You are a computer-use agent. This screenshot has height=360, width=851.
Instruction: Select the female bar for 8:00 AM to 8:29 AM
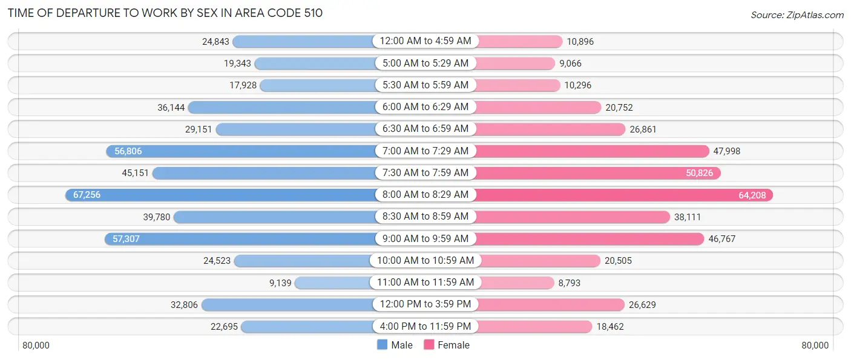[x=623, y=195]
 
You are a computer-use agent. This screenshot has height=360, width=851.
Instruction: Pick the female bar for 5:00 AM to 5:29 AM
[x=514, y=64]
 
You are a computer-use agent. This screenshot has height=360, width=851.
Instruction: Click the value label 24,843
[x=216, y=42]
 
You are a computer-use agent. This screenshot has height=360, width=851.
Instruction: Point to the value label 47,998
[x=727, y=151]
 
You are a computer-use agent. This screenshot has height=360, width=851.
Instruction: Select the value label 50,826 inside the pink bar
[x=699, y=173]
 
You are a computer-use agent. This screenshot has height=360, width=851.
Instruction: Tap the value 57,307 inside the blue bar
[x=126, y=239]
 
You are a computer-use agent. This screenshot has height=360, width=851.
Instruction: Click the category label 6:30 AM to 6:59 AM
[x=425, y=129]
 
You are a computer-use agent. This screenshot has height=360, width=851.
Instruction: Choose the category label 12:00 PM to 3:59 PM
[x=425, y=304]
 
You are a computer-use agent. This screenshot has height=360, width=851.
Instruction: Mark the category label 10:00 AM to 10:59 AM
[x=425, y=261]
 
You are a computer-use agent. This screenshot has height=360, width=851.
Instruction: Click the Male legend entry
[x=395, y=345]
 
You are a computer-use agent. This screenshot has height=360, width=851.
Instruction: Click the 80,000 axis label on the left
[x=36, y=345]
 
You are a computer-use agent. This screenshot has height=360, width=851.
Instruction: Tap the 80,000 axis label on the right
[x=815, y=345]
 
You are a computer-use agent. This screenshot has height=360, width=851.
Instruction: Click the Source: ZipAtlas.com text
[x=796, y=15]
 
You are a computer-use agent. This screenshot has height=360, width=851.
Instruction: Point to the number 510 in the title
[x=312, y=13]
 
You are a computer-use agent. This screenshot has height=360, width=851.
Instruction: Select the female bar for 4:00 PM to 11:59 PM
[x=533, y=327]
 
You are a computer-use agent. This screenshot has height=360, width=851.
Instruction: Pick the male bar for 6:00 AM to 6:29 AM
[x=281, y=107]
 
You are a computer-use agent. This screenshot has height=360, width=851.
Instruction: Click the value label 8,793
[x=571, y=283]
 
